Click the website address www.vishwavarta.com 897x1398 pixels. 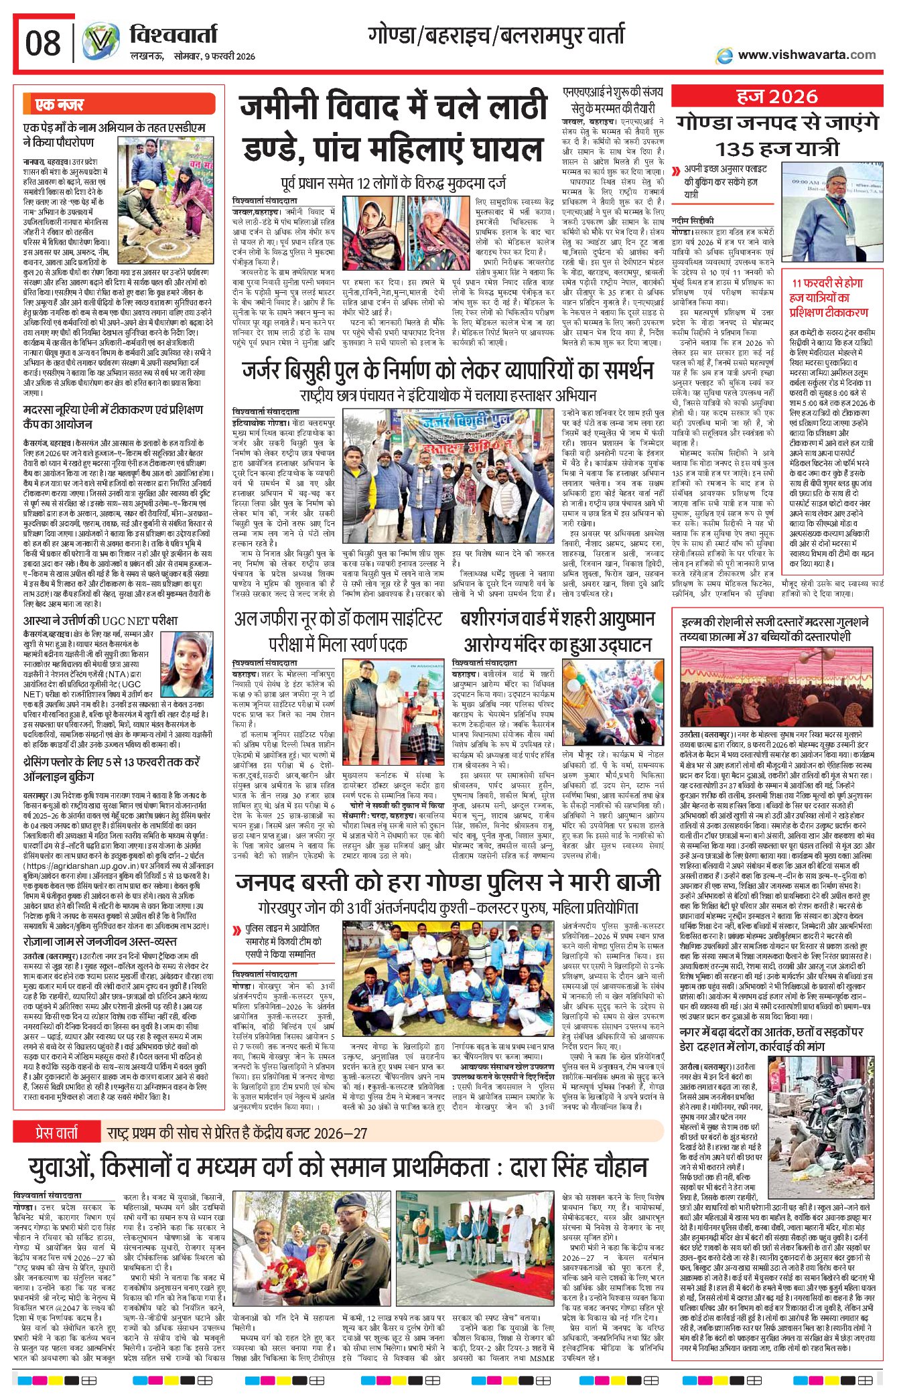[807, 55]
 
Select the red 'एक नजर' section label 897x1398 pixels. [59, 104]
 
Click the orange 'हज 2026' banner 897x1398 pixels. [776, 97]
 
